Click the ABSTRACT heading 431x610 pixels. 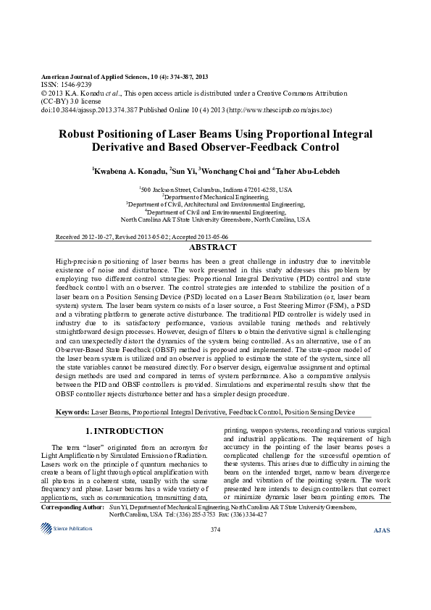(215, 248)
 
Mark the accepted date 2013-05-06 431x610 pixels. (211, 237)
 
